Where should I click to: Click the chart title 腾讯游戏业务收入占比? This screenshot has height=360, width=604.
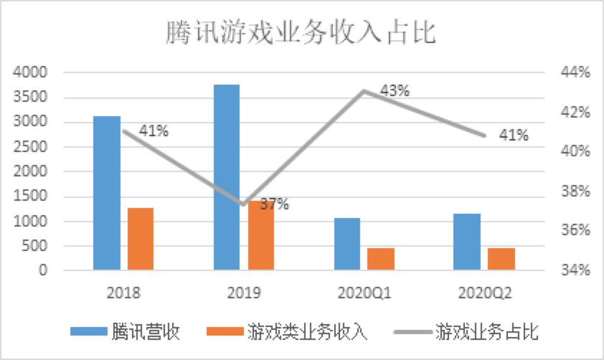301,33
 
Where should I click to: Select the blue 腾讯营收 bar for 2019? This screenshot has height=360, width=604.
227,177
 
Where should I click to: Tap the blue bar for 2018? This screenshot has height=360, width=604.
107,193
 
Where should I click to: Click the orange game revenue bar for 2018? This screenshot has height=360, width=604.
141,239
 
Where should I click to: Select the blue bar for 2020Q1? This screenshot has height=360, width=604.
347,244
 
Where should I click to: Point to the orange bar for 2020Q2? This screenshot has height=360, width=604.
501,259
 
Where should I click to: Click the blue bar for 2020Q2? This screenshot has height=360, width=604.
467,242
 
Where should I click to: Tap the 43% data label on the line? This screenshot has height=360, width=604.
395,91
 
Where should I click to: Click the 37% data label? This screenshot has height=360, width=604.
274,204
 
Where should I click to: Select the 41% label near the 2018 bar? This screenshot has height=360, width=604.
154,131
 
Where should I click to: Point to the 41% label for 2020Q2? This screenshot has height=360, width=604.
514,135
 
